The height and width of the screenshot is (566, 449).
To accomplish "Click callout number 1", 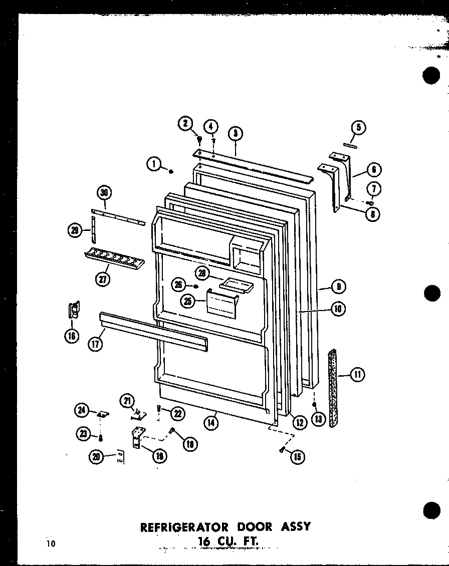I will pos(154,163).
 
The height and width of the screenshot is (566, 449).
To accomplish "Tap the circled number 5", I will pos(358,128).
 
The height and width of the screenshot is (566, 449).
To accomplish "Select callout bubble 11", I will pos(358,375).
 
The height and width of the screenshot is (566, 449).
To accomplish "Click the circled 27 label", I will pos(102,279).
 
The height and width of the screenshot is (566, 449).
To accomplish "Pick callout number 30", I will pos(105,192).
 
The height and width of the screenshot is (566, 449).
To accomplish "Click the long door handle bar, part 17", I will pos(153,331).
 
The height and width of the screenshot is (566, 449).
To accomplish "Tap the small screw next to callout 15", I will pos(283,451).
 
